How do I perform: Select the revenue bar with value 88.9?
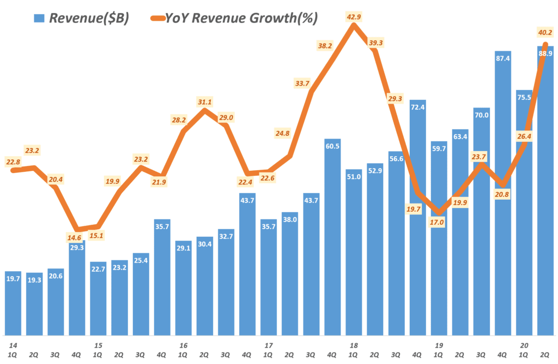(x=545, y=191)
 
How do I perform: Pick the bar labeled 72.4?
(x=418, y=218)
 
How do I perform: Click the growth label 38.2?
(x=325, y=46)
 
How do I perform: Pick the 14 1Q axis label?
(x=13, y=350)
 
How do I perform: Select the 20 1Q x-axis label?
(x=524, y=350)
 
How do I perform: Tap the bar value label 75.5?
(x=524, y=98)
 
